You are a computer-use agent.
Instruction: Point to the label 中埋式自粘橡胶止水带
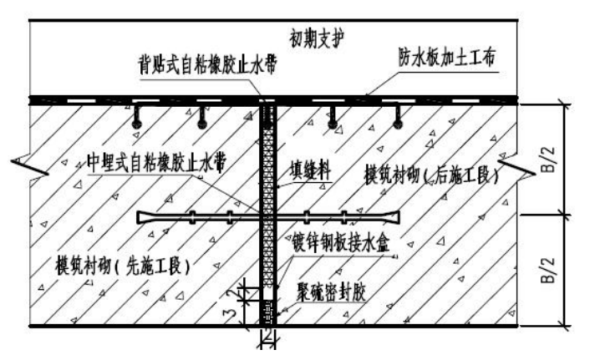pyautogui.click(x=160, y=159)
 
